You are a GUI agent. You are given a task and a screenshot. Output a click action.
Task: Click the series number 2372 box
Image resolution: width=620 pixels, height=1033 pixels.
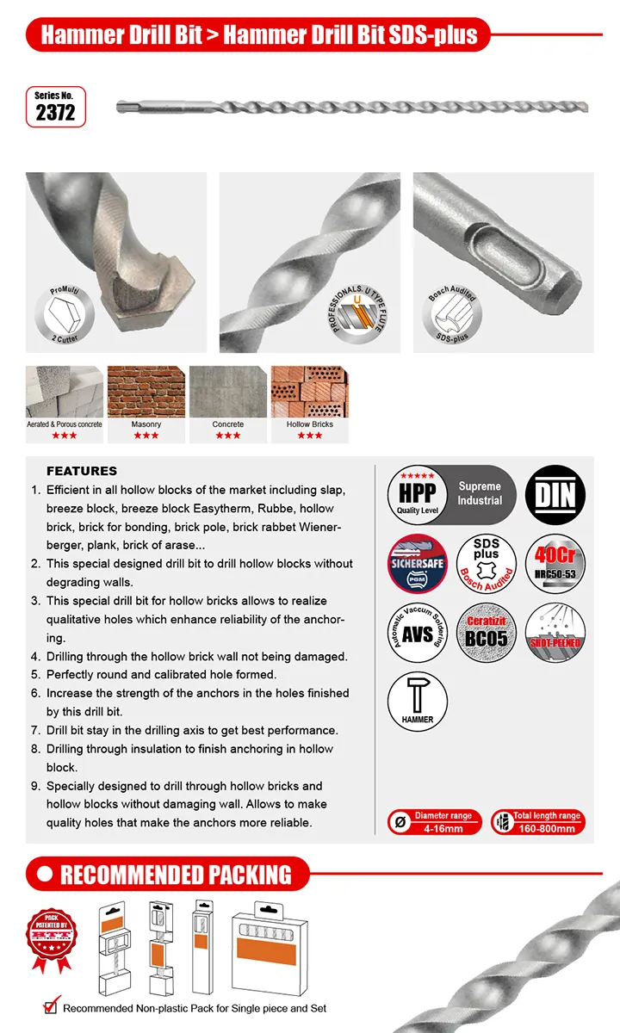tap(56, 106)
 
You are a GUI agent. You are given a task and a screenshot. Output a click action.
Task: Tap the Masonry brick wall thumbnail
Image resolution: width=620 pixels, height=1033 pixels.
tap(146, 393)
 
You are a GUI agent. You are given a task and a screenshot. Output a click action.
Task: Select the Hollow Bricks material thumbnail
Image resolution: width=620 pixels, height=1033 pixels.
tap(310, 393)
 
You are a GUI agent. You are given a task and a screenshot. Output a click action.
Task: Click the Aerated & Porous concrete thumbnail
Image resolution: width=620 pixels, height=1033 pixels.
tap(65, 393)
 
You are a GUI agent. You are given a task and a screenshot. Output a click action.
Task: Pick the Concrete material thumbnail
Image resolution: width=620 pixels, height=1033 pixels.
tap(228, 393)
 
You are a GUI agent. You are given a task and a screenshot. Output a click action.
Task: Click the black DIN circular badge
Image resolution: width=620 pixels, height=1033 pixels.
tap(555, 495)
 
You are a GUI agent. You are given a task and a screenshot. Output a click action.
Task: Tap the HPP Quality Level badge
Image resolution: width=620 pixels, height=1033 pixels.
tap(417, 495)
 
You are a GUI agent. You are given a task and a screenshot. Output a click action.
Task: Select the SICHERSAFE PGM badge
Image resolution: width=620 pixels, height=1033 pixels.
tap(418, 564)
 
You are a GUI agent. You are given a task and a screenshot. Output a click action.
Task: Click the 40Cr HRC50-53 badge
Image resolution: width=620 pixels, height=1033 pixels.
tap(555, 564)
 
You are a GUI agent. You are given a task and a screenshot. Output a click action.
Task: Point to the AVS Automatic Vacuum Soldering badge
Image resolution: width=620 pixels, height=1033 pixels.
tap(418, 633)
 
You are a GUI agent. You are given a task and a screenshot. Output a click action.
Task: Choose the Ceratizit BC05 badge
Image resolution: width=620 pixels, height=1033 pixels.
tap(486, 633)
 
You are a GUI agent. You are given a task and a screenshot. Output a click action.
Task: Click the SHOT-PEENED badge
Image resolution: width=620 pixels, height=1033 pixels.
tap(555, 633)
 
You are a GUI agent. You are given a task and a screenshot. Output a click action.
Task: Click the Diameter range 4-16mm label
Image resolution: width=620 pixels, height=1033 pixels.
tap(434, 822)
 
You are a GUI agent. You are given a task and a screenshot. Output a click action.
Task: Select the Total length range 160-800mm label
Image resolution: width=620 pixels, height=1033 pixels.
tap(537, 822)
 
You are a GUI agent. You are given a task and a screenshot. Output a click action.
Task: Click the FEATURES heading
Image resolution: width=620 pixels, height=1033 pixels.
tap(81, 471)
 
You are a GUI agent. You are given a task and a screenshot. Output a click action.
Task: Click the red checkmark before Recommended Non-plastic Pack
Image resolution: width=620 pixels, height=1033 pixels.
tap(51, 1006)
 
